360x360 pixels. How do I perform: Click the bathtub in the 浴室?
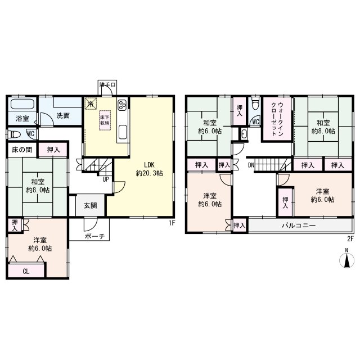[22, 104]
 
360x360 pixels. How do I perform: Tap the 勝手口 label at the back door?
[107, 85]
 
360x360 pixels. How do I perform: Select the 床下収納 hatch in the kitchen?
[105, 120]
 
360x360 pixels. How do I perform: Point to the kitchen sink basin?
[123, 132]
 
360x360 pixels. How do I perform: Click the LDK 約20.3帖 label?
[150, 169]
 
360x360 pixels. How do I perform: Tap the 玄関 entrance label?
[90, 205]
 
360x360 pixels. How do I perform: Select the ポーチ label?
[95, 236]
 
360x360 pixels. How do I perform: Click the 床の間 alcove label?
[22, 150]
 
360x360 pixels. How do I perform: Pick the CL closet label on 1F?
[26, 272]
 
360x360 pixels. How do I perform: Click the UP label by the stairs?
[106, 179]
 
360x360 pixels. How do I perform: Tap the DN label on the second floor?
[251, 165]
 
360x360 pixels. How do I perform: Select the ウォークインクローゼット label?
[277, 119]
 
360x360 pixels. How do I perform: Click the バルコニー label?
[299, 226]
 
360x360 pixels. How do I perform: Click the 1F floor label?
[172, 223]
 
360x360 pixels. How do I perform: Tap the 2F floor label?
[350, 239]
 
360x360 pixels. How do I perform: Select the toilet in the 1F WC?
[13, 134]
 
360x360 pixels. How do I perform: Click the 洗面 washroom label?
[63, 115]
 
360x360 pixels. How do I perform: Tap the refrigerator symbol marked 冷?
[91, 104]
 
